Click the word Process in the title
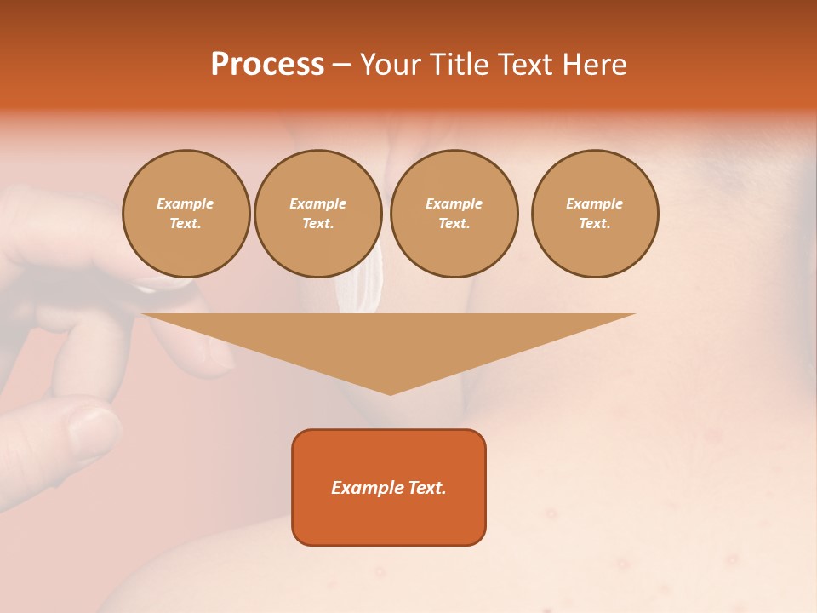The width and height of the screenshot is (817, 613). click(x=267, y=65)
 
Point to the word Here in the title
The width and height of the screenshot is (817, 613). click(x=595, y=65)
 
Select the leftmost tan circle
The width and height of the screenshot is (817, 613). click(x=186, y=214)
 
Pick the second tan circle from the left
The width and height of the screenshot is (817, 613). click(x=318, y=214)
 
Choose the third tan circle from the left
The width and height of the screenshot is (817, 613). click(x=454, y=214)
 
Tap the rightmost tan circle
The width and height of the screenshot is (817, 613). click(x=595, y=214)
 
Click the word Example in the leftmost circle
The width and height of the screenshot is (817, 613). click(x=186, y=203)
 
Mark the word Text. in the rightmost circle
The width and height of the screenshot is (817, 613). click(x=595, y=224)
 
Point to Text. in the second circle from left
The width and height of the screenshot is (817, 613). click(x=318, y=224)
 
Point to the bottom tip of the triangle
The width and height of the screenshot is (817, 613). click(x=390, y=393)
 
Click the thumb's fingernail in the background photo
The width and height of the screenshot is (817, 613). click(x=94, y=430)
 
